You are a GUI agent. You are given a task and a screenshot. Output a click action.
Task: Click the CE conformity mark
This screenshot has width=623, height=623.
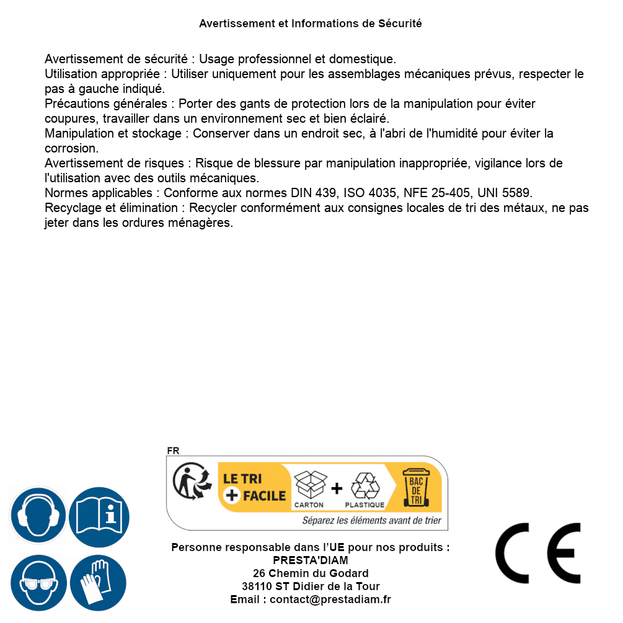coord(538,553)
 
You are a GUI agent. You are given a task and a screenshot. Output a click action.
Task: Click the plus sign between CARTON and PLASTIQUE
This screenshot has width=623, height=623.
coord(337,488)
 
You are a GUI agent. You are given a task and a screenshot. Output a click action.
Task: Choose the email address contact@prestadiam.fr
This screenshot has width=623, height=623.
coord(330,599)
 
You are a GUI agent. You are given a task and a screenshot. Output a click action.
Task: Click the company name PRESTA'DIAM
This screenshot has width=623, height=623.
coord(311,560)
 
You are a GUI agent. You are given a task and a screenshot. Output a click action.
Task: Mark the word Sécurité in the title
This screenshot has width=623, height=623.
coord(400,24)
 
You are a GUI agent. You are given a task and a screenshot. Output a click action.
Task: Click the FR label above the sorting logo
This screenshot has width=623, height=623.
coord(173,451)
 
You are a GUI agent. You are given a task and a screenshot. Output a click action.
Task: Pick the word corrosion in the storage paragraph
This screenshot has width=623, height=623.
coord(71,148)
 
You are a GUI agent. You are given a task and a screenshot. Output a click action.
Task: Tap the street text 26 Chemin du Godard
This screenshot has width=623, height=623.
coord(311,573)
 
